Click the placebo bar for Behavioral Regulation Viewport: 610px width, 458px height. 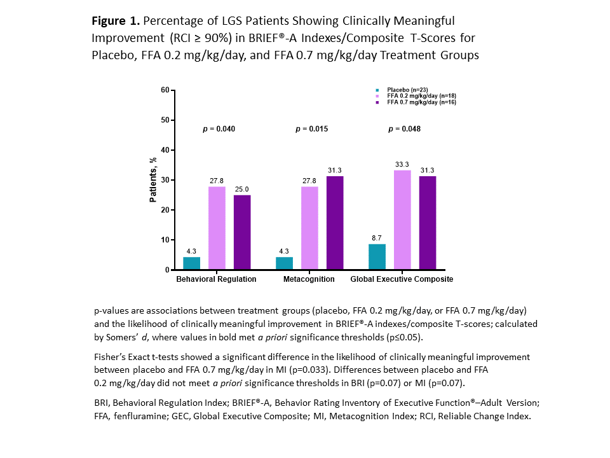coord(191,263)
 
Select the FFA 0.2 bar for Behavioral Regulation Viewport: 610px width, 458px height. coord(217,228)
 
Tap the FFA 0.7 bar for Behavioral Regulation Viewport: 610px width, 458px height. coord(242,232)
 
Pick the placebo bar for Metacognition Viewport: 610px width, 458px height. coord(284,263)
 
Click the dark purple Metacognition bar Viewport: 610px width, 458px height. coord(335,223)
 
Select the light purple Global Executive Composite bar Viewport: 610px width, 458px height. coord(402,220)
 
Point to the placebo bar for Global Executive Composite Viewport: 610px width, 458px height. coord(377,257)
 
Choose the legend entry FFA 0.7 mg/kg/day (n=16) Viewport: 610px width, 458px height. coord(422,102)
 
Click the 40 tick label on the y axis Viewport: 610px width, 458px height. coord(165,150)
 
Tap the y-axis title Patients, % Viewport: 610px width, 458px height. coord(152,180)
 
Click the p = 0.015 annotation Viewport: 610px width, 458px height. coord(311,129)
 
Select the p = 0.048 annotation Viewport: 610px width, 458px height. coord(405,129)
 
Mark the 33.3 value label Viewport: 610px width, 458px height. coord(402,165)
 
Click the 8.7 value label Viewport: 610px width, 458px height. coord(377,239)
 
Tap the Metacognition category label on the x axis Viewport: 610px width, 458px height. coord(309,279)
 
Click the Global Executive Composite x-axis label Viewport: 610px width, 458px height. coord(402,279)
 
